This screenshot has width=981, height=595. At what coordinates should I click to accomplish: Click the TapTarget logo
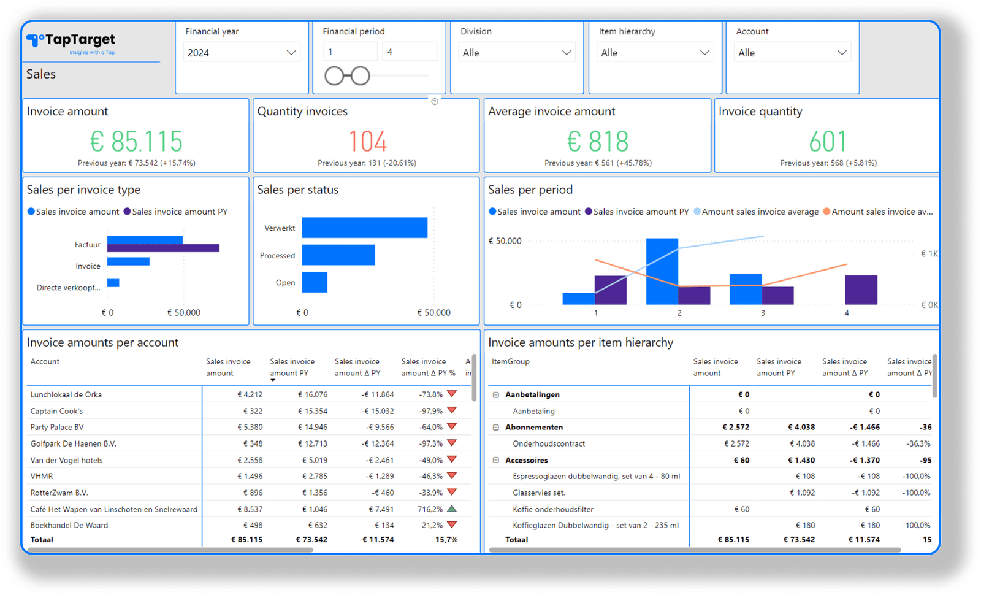(x=71, y=41)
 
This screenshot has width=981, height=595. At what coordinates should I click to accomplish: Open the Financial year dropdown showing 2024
(x=242, y=53)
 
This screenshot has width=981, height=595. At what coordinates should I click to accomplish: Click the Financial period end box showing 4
(x=409, y=52)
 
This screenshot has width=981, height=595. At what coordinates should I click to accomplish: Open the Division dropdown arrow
(x=567, y=53)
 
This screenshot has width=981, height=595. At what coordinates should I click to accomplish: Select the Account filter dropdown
(x=792, y=53)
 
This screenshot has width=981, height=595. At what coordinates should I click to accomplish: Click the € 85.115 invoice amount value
(x=136, y=142)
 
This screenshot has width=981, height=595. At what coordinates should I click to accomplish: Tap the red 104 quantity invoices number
(x=367, y=142)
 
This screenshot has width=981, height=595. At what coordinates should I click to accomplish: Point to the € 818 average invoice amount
(x=598, y=142)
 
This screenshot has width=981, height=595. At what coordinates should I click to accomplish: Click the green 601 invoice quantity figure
(x=827, y=142)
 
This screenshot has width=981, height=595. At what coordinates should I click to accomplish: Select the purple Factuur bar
(x=163, y=248)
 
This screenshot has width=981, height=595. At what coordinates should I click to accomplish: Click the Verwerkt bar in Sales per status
(x=364, y=228)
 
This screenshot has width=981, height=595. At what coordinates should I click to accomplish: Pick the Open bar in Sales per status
(x=315, y=282)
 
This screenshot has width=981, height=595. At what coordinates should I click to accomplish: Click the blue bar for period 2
(x=662, y=271)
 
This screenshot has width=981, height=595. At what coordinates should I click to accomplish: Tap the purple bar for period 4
(x=861, y=290)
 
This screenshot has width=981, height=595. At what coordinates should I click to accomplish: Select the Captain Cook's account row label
(x=56, y=411)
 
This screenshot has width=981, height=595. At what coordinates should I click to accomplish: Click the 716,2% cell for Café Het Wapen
(x=430, y=509)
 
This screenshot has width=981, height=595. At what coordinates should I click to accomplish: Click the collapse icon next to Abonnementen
(x=496, y=428)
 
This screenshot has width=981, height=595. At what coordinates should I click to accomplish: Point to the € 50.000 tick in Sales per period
(x=505, y=241)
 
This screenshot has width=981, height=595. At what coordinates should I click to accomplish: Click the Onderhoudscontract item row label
(x=549, y=443)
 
